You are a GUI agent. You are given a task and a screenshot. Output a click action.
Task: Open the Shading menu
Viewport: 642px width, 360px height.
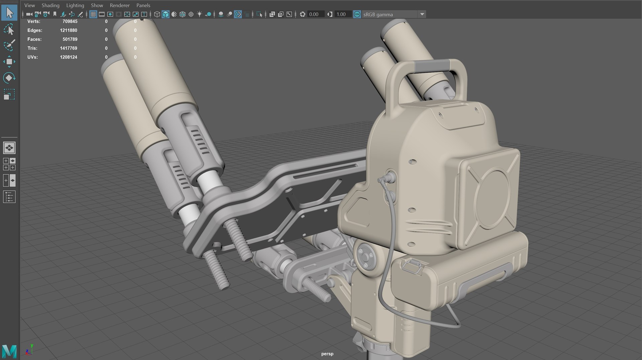tap(50, 5)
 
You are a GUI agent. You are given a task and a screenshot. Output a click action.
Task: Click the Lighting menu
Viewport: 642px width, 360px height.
tap(75, 5)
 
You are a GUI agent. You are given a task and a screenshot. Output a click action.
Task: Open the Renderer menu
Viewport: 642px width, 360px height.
tap(119, 5)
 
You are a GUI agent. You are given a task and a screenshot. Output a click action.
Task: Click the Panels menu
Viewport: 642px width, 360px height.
tap(143, 5)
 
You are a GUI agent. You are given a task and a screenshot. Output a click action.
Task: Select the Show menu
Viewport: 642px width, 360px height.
tap(97, 5)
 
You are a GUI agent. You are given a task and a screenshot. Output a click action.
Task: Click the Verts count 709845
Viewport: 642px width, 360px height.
tap(70, 21)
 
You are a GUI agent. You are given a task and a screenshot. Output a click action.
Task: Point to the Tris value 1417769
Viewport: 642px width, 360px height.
tap(69, 48)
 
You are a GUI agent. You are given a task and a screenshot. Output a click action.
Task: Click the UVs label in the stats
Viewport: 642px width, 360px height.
tap(32, 57)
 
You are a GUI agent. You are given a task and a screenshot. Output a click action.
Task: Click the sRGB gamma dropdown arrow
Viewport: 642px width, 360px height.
tap(422, 14)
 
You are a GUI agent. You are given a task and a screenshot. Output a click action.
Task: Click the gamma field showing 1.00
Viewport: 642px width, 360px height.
tap(341, 14)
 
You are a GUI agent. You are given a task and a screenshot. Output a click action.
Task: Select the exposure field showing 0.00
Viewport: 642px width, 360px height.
tap(314, 14)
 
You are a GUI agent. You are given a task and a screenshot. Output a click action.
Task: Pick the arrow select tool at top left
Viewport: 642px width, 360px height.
tap(9, 13)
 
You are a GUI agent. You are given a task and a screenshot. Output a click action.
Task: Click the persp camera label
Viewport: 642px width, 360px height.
tap(327, 354)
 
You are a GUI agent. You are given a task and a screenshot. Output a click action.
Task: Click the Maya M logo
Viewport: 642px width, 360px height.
tap(9, 351)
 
